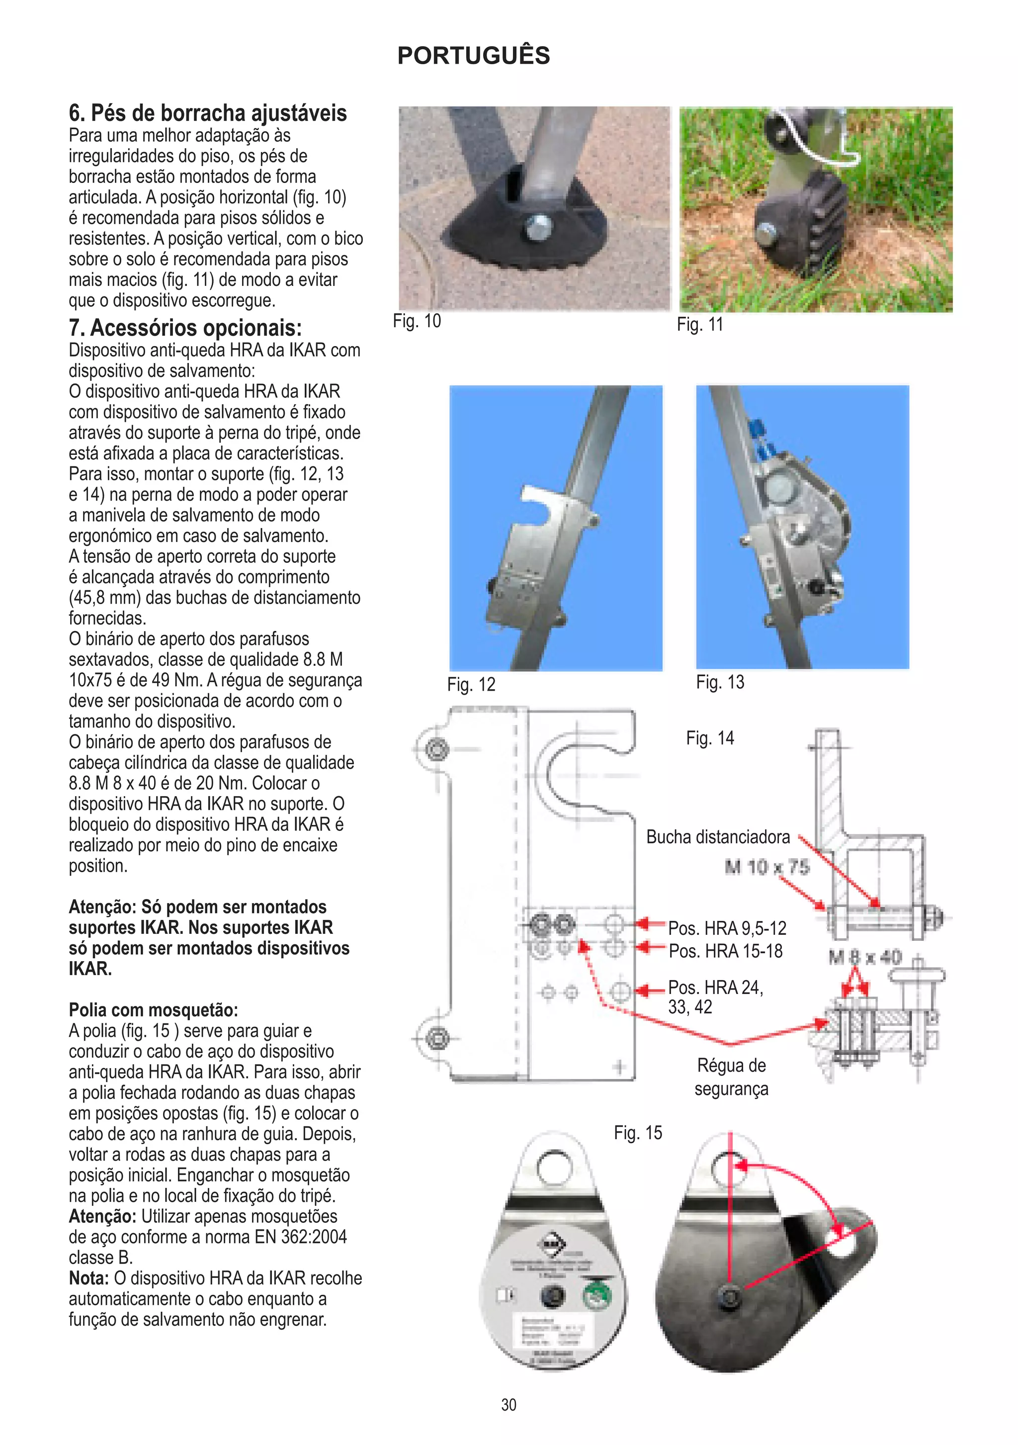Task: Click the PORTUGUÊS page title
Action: [x=473, y=55]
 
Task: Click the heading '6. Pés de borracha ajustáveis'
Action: [x=208, y=113]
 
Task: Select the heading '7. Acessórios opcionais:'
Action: [x=185, y=328]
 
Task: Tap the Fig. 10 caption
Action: [x=417, y=321]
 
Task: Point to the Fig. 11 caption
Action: [x=700, y=324]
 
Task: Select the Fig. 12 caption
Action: [x=471, y=684]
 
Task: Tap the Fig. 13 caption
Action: [x=720, y=682]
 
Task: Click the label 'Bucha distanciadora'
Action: [x=717, y=837]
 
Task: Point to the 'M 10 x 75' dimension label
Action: [x=766, y=867]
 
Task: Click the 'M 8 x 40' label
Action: [x=864, y=958]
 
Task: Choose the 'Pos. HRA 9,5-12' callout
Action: [x=727, y=928]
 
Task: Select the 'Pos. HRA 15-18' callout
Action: [x=725, y=951]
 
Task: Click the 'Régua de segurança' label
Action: [x=731, y=1077]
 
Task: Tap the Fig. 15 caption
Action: [x=637, y=1133]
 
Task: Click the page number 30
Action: [x=509, y=1405]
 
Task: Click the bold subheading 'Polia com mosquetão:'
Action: [x=153, y=1010]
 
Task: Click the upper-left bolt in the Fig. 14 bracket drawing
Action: [x=436, y=749]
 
